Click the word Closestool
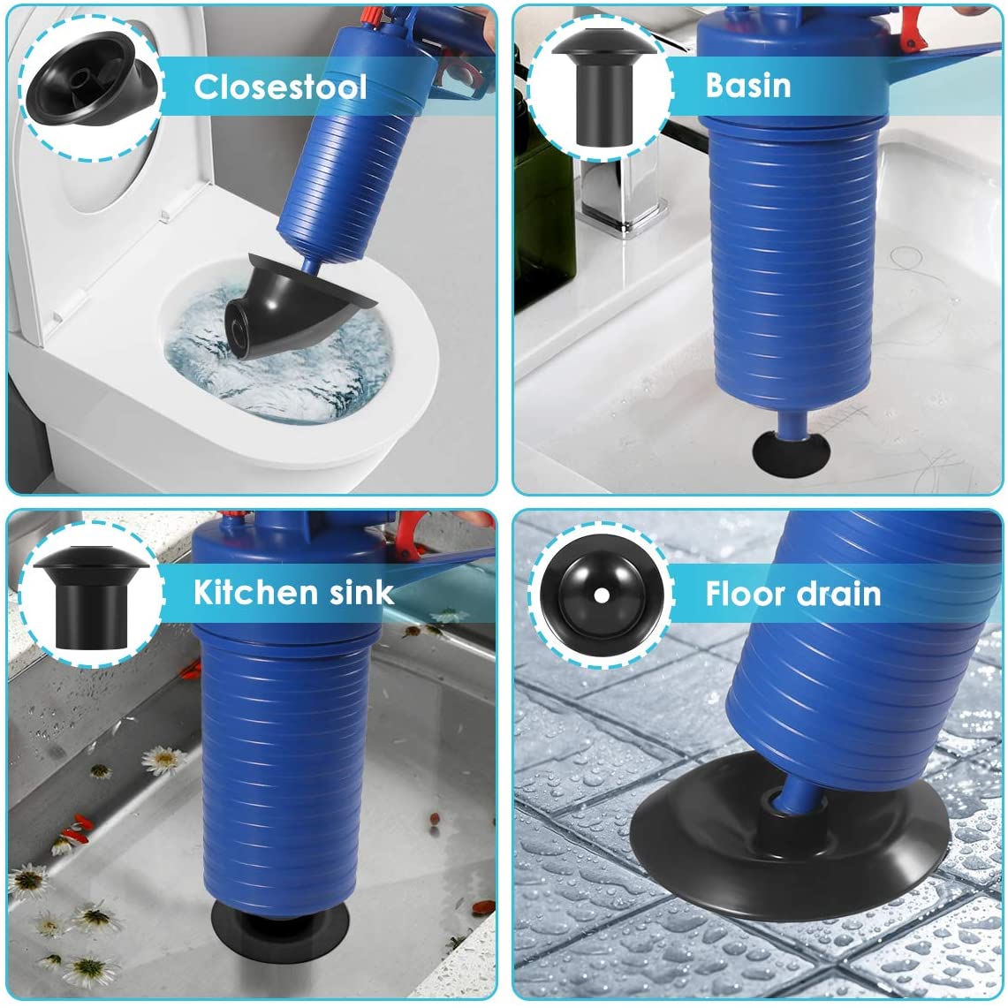[x=280, y=87]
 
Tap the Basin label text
[x=747, y=85]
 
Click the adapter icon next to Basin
[x=598, y=86]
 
